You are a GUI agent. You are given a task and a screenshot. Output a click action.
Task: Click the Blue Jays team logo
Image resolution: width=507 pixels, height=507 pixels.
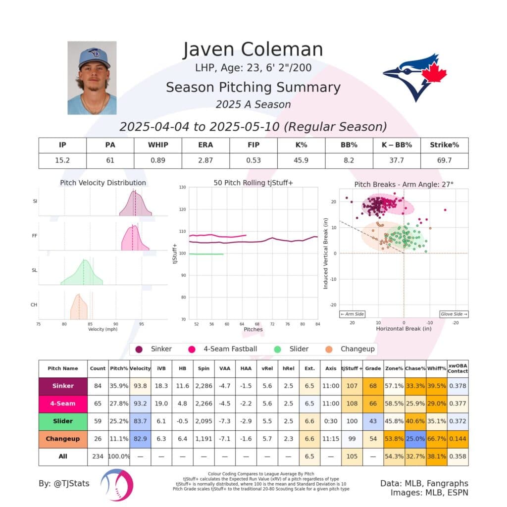[x=414, y=77]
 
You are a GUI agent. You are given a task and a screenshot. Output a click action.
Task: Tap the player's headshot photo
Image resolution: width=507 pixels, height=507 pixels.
[x=92, y=78]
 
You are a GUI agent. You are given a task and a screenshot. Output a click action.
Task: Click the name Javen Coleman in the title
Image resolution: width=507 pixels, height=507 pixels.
[x=253, y=50]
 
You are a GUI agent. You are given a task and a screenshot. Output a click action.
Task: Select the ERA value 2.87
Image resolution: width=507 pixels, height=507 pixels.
[x=206, y=160]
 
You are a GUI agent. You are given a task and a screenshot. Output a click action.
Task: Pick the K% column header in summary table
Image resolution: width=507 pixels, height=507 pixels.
[x=301, y=145]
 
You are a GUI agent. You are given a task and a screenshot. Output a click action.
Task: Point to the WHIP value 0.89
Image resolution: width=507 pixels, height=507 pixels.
[x=158, y=160]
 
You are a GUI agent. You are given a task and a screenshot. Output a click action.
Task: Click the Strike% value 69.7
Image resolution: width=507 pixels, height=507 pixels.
[x=444, y=160]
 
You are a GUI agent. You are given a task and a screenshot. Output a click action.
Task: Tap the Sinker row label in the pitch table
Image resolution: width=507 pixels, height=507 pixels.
[x=63, y=386]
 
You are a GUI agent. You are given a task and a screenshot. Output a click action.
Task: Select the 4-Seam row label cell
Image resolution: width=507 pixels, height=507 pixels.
[x=63, y=404]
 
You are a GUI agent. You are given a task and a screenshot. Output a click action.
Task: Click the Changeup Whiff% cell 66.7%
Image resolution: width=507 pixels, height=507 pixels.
[x=436, y=439]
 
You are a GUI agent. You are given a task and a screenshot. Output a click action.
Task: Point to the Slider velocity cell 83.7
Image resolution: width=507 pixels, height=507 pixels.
[x=140, y=421]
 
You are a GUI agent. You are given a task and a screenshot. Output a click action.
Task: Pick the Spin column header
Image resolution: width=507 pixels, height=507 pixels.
[x=204, y=368]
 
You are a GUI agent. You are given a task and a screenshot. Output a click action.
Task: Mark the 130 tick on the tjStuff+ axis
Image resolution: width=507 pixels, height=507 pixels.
[x=183, y=188]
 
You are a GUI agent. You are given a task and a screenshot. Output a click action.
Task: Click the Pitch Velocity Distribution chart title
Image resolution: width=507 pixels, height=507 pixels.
[x=103, y=183]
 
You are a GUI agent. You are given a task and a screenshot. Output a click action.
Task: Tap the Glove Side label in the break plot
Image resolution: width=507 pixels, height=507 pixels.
[x=454, y=314]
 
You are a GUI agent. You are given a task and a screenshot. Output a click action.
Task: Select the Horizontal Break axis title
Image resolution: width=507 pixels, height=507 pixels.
[x=404, y=329]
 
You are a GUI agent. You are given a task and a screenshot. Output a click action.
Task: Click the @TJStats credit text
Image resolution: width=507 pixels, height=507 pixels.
[x=64, y=483]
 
